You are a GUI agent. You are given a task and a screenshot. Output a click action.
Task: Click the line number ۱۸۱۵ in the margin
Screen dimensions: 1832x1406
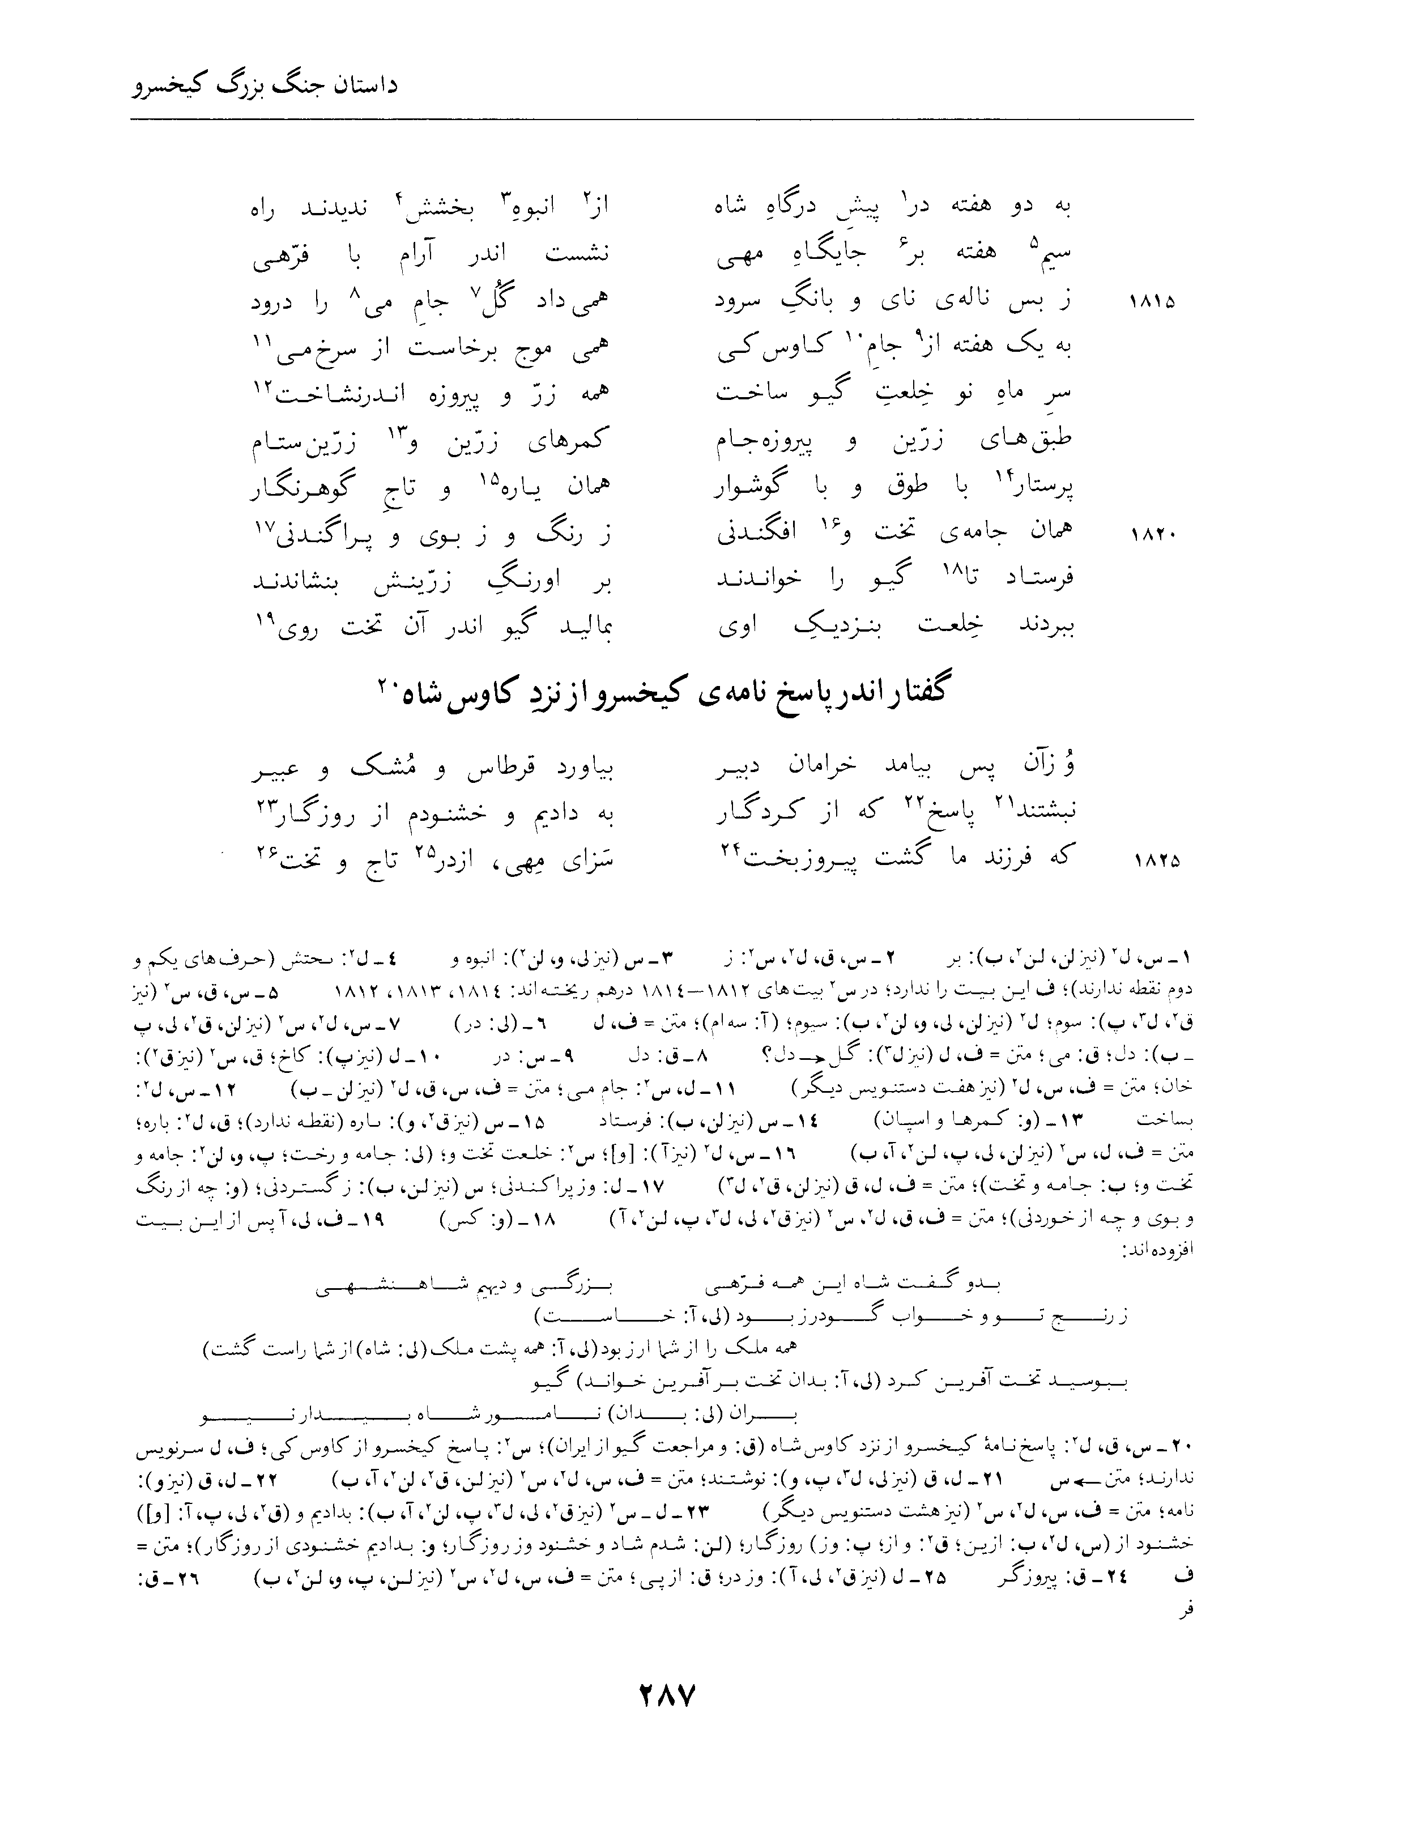click(x=1152, y=301)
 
